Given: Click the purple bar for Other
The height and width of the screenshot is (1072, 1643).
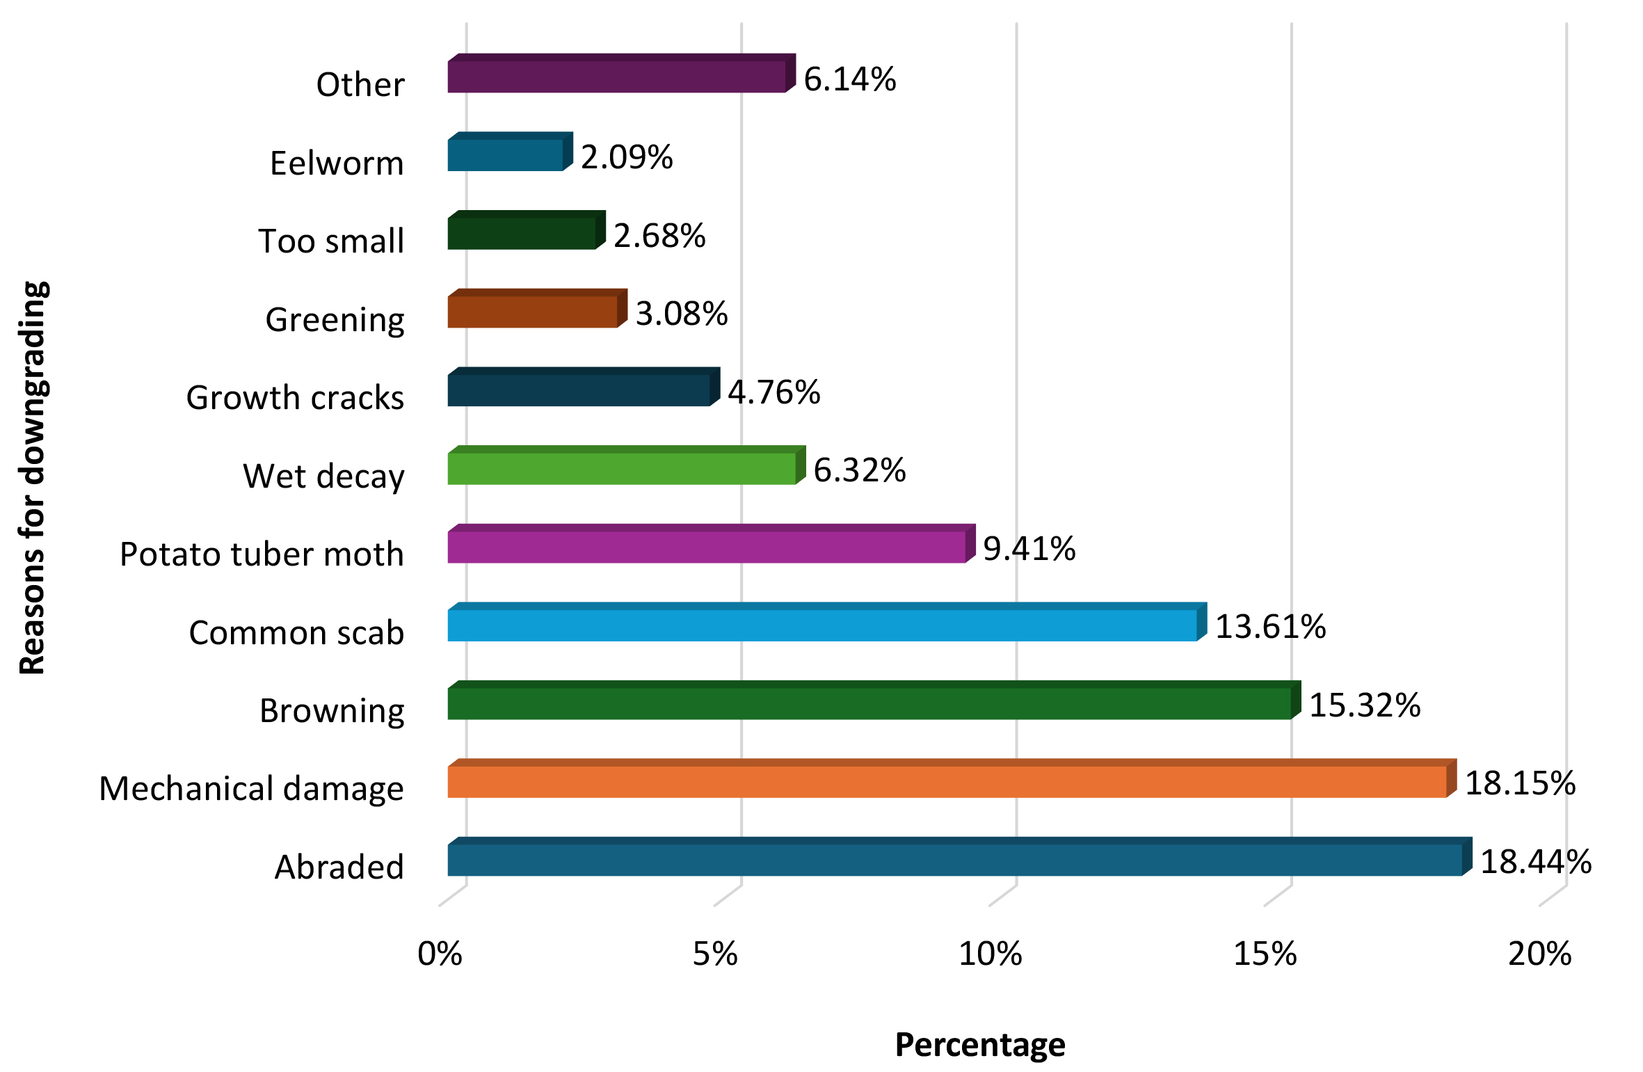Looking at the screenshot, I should pyautogui.click(x=616, y=77).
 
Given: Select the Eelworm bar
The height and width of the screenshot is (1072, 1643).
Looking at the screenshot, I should pyautogui.click(x=505, y=154).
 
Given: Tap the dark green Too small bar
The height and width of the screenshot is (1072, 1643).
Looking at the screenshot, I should pyautogui.click(x=522, y=233).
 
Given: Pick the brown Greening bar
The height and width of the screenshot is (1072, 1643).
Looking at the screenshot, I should pyautogui.click(x=533, y=312).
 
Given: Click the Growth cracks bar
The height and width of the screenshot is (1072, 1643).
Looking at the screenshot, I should pyautogui.click(x=579, y=390).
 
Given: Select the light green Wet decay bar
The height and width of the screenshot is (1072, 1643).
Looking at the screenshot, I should pyautogui.click(x=622, y=468).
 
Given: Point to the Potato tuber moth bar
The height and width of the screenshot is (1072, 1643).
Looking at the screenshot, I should pyautogui.click(x=707, y=547).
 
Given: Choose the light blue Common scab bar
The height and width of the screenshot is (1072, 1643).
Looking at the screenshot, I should pyautogui.click(x=822, y=625).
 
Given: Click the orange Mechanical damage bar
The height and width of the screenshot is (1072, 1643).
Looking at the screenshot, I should pyautogui.click(x=947, y=781).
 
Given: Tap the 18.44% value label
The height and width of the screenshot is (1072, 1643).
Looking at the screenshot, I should pyautogui.click(x=1536, y=862).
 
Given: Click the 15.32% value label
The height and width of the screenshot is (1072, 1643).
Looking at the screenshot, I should pyautogui.click(x=1365, y=705).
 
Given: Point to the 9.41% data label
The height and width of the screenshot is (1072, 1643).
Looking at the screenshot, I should pyautogui.click(x=1029, y=548).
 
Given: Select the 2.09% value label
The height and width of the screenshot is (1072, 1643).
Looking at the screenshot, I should pyautogui.click(x=627, y=157).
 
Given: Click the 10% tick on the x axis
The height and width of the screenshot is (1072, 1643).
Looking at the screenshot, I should pyautogui.click(x=990, y=954).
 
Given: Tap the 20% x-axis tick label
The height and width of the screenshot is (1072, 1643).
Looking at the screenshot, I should pyautogui.click(x=1539, y=954).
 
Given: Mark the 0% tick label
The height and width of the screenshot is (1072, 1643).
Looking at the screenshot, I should pyautogui.click(x=440, y=954).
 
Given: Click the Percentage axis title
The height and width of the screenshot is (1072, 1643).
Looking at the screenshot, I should pyautogui.click(x=979, y=1044).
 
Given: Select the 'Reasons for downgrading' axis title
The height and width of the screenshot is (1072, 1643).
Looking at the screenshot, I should pyautogui.click(x=33, y=477).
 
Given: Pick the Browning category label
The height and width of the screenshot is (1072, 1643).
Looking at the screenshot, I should pyautogui.click(x=332, y=711).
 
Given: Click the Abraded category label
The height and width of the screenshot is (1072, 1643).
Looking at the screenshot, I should pyautogui.click(x=339, y=867).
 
